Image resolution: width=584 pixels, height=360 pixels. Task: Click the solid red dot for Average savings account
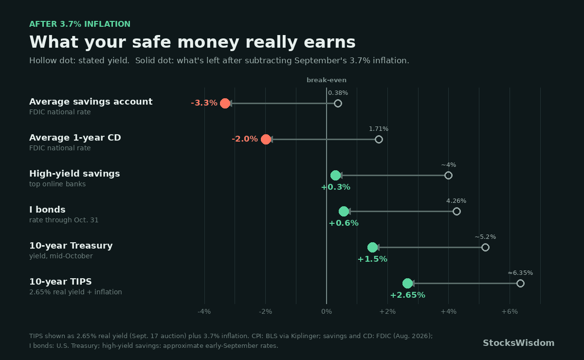tap(225, 104)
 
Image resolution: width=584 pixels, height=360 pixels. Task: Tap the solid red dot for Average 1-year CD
tap(266, 140)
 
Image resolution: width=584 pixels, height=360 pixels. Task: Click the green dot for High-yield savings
tap(335, 176)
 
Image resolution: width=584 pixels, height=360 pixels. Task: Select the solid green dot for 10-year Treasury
tap(373, 248)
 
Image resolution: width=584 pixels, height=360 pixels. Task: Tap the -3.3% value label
tap(204, 103)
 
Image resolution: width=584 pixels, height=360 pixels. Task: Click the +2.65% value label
tap(408, 295)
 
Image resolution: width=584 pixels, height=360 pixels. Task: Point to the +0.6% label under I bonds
tap(344, 223)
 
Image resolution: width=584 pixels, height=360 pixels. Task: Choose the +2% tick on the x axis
tap(387, 312)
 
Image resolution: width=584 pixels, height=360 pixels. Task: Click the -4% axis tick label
tap(204, 312)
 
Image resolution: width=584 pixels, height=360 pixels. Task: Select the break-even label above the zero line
tap(327, 80)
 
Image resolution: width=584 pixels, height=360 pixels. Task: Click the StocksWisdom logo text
tap(519, 343)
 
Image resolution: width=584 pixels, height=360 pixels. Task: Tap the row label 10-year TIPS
tap(60, 282)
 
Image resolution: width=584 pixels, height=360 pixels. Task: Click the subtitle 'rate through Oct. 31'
tap(64, 220)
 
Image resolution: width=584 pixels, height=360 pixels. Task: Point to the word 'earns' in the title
tap(329, 42)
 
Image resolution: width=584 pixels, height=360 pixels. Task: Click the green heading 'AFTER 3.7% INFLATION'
tap(80, 24)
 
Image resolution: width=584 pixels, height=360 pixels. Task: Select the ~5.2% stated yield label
tap(485, 237)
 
